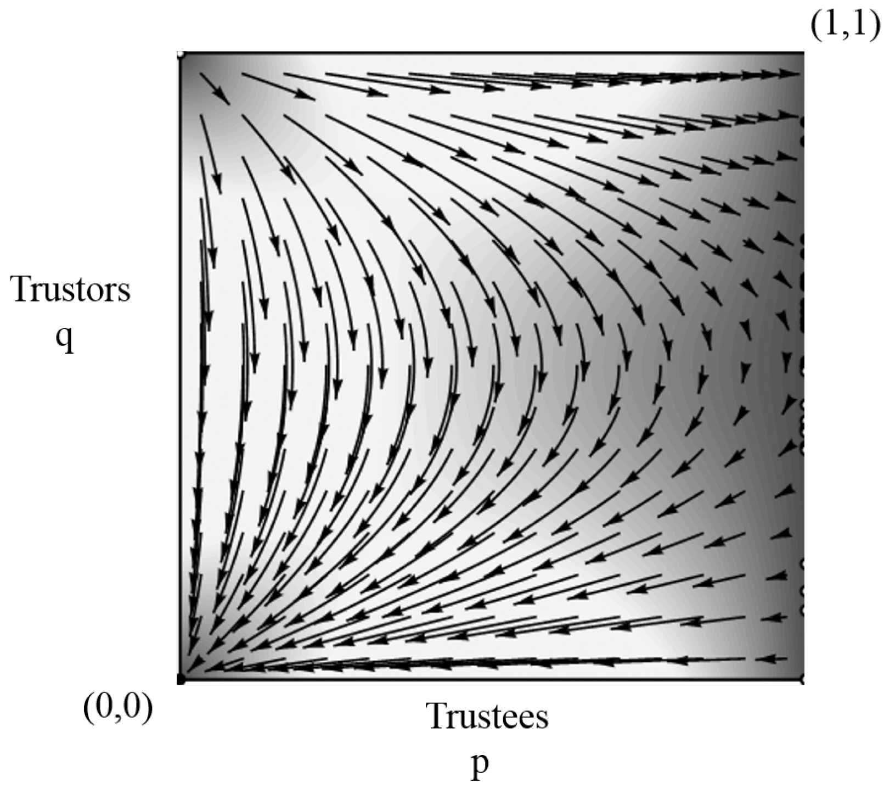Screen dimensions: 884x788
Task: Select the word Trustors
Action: pyautogui.click(x=71, y=290)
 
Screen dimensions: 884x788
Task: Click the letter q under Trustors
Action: pyautogui.click(x=65, y=340)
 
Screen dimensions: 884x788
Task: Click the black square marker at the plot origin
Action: pyautogui.click(x=181, y=681)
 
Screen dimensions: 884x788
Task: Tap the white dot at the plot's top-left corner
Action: pyautogui.click(x=180, y=54)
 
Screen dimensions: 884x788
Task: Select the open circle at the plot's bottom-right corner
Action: pyautogui.click(x=803, y=680)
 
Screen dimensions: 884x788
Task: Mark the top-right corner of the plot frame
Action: pyautogui.click(x=804, y=53)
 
